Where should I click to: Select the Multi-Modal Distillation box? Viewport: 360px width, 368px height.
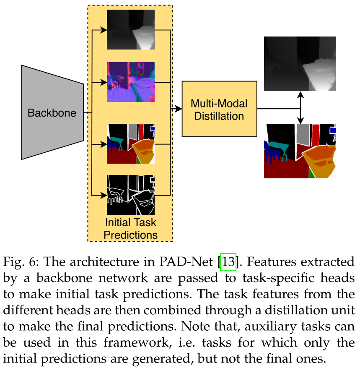tap(219, 109)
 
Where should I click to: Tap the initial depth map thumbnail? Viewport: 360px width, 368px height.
tap(130, 30)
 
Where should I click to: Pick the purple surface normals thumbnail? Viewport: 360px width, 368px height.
tap(130, 82)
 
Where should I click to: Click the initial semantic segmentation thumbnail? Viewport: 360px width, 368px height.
tap(130, 144)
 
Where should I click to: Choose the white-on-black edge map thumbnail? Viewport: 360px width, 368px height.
tap(130, 195)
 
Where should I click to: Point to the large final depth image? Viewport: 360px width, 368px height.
tap(300, 64)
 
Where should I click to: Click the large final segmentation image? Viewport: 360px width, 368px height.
tap(300, 151)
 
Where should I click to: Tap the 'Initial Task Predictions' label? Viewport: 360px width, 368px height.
tap(130, 228)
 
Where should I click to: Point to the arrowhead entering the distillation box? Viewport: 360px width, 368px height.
tap(179, 109)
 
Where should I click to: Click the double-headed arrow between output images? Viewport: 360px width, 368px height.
tap(300, 107)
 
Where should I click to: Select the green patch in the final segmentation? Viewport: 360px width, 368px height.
tap(311, 173)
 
